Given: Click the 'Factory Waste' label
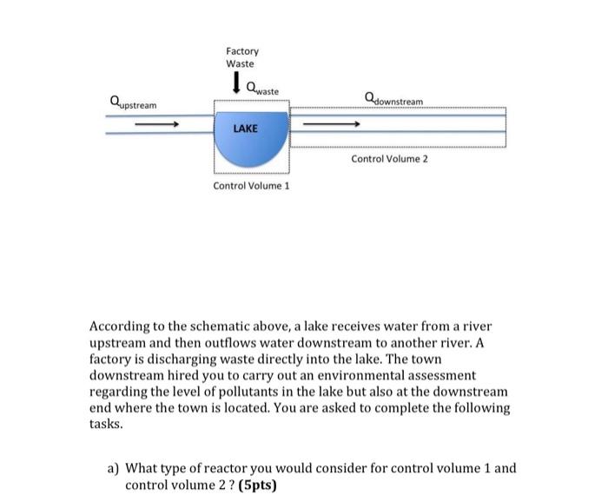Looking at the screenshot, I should click(x=241, y=57).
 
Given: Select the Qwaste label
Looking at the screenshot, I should click(x=262, y=88).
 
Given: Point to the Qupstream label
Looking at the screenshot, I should click(x=134, y=103).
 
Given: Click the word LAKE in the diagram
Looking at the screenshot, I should click(x=246, y=128).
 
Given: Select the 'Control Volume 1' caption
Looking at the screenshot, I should click(x=252, y=187).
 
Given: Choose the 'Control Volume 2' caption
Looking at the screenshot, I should click(x=390, y=159).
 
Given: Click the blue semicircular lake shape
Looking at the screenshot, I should click(x=251, y=149).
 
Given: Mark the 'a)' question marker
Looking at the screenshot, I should click(x=114, y=468).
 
